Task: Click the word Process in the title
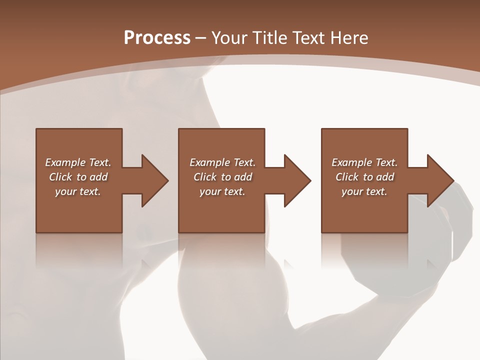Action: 157,38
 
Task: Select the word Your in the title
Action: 230,38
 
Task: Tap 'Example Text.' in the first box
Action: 78,162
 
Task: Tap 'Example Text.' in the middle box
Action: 222,162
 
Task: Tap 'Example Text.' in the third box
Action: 364,162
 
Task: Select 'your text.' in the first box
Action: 78,191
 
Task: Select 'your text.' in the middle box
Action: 222,191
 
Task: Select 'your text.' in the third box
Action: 364,191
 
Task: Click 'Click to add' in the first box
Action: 78,177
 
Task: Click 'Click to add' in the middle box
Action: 222,177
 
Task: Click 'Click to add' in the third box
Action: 364,177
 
